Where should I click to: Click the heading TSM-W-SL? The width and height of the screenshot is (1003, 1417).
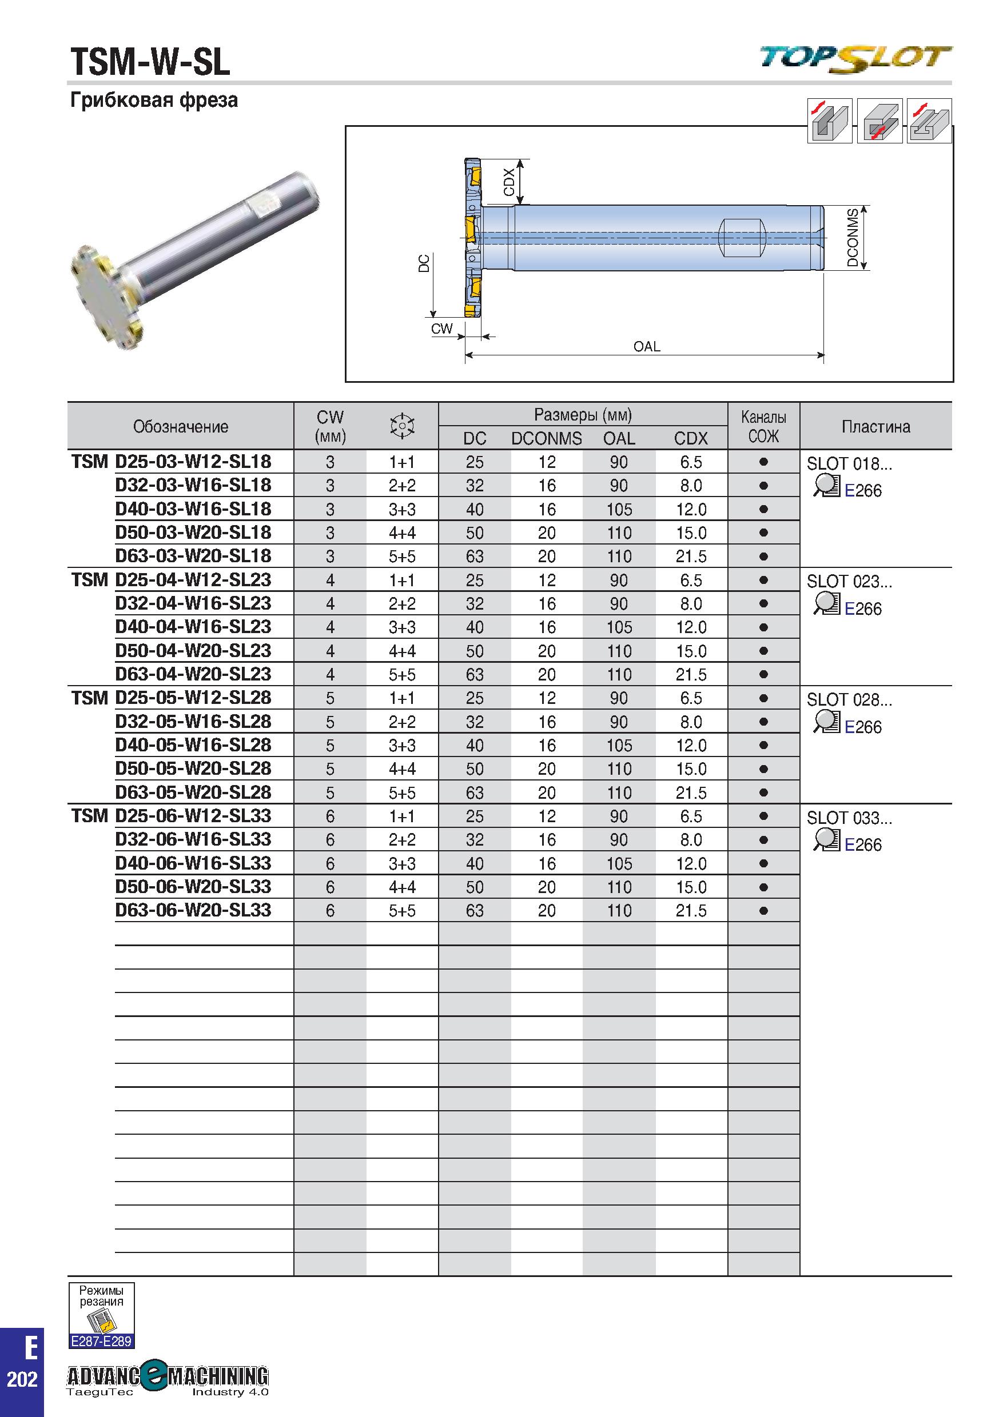150,62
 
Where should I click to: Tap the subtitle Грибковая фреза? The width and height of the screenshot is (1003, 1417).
154,100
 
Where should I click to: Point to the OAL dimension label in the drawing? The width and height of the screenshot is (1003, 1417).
647,347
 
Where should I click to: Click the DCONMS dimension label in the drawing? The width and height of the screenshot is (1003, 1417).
853,238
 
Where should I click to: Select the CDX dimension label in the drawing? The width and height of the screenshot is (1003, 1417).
509,182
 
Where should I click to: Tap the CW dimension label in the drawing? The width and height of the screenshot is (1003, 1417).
441,329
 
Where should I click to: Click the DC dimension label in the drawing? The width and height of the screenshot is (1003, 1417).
424,263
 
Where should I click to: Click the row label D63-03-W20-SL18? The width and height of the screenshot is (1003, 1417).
193,556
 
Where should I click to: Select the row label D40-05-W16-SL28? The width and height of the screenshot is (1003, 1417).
193,745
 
